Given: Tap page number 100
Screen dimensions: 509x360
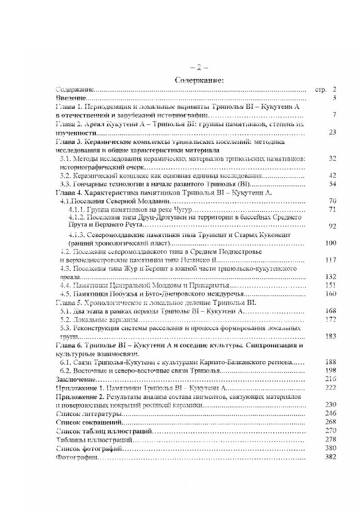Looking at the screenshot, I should [331, 243].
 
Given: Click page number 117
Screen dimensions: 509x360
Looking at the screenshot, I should [331, 259].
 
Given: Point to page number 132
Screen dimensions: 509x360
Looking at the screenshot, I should [331, 276].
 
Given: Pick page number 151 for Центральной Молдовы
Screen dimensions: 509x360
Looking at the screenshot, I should [331, 285].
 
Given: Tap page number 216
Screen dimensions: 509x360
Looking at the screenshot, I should [331, 379].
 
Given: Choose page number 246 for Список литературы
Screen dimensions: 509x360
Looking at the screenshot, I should [331, 413].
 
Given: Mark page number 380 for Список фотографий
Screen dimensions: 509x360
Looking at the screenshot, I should [331, 448].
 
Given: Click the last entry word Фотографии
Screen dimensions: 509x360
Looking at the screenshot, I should [75, 457].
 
